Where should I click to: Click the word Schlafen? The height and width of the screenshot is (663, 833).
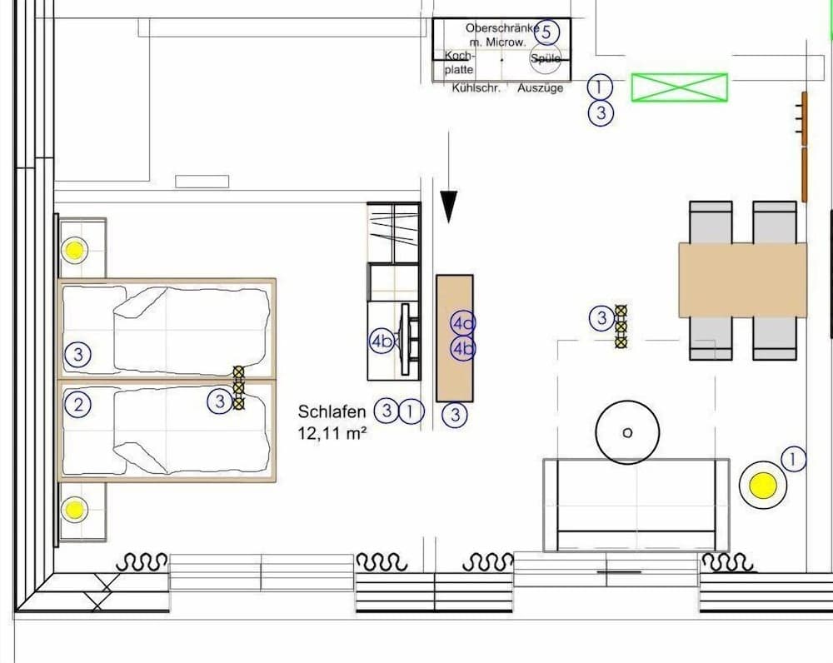[332, 411]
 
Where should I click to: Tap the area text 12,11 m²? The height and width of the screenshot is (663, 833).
[333, 433]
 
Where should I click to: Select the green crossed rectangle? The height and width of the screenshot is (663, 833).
[679, 87]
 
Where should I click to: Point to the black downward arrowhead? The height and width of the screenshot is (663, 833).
[449, 207]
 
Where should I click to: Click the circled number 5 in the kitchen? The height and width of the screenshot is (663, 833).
[546, 33]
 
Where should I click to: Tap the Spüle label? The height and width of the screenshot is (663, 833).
[546, 58]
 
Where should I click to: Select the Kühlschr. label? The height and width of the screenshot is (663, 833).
[476, 88]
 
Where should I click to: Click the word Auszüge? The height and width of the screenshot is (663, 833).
[541, 88]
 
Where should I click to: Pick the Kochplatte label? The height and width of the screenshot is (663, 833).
[458, 63]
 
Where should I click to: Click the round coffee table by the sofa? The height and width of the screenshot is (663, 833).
[627, 432]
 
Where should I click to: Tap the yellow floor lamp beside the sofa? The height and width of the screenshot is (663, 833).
[762, 485]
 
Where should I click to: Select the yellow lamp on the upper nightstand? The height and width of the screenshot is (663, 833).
[75, 249]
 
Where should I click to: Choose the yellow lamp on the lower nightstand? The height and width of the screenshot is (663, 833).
[75, 508]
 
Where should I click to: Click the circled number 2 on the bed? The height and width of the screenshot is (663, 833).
[78, 406]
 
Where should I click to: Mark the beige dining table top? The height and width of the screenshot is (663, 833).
[742, 280]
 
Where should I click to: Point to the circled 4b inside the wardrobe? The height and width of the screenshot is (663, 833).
[382, 341]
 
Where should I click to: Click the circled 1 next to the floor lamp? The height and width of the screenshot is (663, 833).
[794, 459]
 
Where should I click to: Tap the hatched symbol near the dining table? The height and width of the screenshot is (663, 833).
[621, 326]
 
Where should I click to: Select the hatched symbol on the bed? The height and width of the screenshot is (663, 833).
[239, 388]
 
